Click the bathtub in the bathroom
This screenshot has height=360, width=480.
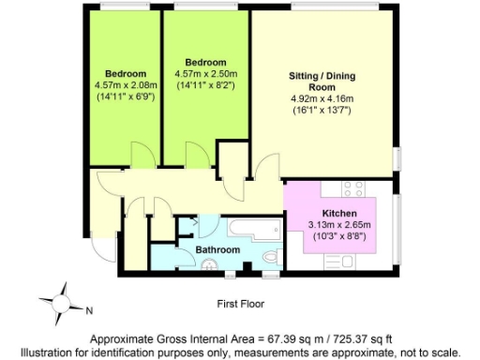(252, 227)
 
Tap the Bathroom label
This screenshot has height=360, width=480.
(217, 250)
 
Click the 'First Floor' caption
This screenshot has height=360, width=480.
(240, 304)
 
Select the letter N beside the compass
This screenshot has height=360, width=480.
(88, 309)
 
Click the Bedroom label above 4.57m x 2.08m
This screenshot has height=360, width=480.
(125, 74)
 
